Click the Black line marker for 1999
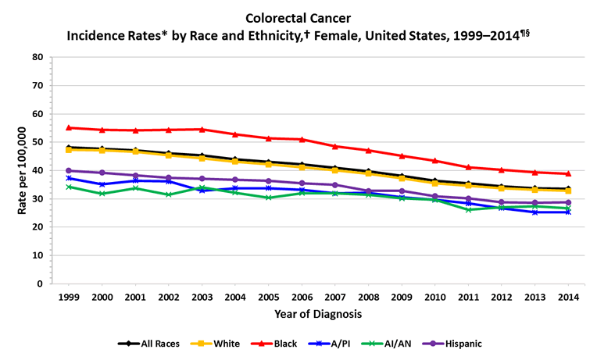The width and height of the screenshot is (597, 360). click(x=69, y=127)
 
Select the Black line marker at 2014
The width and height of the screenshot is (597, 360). click(x=568, y=173)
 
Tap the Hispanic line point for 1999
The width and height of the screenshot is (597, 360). click(x=69, y=170)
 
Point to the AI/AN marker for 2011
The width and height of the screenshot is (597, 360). click(x=468, y=209)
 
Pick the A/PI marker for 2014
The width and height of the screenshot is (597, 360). click(x=568, y=212)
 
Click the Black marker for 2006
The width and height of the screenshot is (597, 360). click(x=302, y=139)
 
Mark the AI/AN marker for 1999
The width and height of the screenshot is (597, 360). click(x=69, y=187)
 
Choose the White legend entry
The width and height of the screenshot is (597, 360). click(x=220, y=343)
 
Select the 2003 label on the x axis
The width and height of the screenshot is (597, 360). click(x=202, y=297)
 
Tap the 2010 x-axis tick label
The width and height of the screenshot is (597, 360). click(x=434, y=297)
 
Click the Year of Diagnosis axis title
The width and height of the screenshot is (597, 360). click(x=318, y=314)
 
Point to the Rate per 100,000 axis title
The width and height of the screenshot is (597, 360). click(x=12, y=170)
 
